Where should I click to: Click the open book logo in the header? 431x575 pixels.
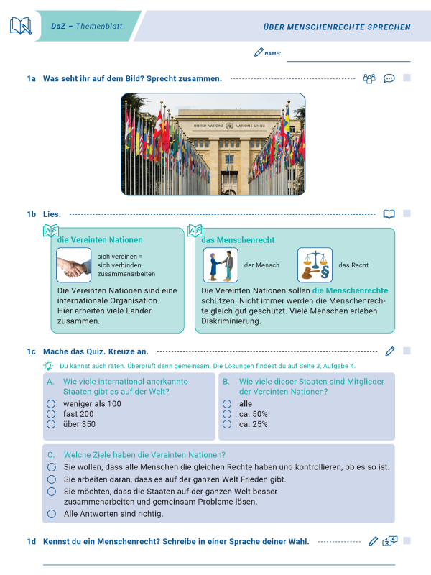(20, 27)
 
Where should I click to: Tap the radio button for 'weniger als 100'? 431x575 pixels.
(51, 404)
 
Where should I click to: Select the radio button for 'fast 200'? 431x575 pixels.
(51, 414)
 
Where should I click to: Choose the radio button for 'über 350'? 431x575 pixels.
(51, 424)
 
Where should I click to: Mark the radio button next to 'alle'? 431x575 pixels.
(227, 404)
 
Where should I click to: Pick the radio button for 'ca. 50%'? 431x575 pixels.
(227, 414)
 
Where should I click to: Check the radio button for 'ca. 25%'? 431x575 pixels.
(227, 424)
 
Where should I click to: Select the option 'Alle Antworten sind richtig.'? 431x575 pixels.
(51, 514)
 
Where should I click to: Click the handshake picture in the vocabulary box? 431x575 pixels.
(74, 265)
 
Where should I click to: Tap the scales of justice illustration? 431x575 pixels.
(315, 265)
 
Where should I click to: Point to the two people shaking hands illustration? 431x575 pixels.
(221, 265)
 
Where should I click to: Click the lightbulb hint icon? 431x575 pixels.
(48, 366)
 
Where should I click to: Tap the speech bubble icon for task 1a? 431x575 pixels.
(389, 78)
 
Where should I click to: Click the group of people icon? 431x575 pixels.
(369, 78)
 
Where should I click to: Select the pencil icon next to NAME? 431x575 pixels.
(259, 52)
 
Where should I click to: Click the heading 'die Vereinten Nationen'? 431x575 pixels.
(100, 239)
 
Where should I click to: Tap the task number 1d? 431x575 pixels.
(32, 541)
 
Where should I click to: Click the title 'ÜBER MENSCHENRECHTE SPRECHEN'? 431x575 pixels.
(337, 27)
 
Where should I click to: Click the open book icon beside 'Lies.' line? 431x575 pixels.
(389, 214)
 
